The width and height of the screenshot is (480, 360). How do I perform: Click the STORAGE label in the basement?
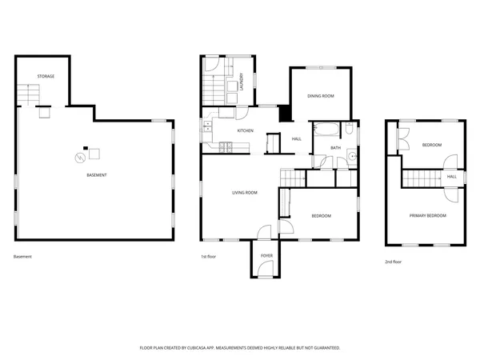pos(46,76)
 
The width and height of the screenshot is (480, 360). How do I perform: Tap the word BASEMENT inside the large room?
pos(98,175)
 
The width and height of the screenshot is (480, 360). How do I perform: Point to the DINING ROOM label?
pos(320,96)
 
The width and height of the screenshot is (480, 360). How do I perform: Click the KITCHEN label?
pos(245,130)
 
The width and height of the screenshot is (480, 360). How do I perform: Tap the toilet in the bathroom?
pos(350,129)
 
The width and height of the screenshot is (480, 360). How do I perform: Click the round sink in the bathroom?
pos(351,158)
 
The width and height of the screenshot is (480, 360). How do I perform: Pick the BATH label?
pos(335,148)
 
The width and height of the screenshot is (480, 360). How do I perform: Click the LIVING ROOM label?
pos(244,193)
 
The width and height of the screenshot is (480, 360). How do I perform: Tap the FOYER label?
pos(266,256)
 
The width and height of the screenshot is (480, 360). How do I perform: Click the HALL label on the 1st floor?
pos(296,139)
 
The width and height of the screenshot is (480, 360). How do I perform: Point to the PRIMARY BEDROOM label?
pos(427,216)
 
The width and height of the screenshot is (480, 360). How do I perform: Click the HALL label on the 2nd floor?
pos(452,177)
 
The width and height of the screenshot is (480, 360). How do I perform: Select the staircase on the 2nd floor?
pos(422,177)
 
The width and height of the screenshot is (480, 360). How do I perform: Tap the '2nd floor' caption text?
pos(394,262)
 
